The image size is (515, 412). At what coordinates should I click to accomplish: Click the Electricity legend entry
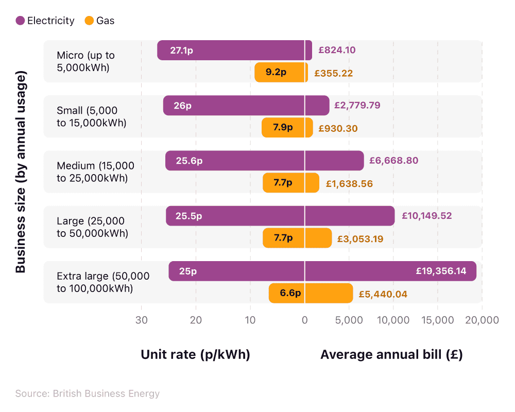45,21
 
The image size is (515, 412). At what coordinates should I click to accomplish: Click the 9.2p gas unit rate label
276,73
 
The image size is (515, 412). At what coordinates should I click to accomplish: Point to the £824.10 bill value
337,50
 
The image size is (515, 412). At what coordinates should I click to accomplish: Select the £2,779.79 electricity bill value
357,106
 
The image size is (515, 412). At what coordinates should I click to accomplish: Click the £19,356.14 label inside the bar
441,271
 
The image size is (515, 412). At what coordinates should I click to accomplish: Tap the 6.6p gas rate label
290,294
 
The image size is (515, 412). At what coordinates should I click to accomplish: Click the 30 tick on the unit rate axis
142,320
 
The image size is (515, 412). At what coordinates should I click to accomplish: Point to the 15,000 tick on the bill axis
437,320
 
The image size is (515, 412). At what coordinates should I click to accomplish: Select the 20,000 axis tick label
482,320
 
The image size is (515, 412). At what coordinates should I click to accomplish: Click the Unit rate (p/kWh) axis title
195,355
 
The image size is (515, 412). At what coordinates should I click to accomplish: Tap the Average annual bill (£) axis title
391,355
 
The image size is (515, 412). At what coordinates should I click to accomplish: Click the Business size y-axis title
21,173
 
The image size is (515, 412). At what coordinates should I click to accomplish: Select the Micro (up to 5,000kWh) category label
85,61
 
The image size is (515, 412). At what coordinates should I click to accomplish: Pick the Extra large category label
102,282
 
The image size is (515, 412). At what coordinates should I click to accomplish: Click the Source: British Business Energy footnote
88,394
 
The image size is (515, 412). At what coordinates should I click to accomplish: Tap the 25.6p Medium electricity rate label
189,161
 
